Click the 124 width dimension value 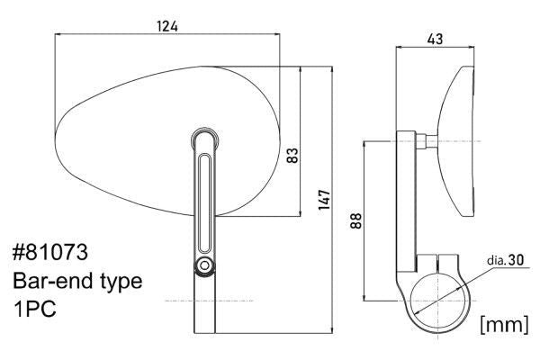tap(166, 26)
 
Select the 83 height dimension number tap(291, 154)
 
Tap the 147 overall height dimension tap(325, 199)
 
